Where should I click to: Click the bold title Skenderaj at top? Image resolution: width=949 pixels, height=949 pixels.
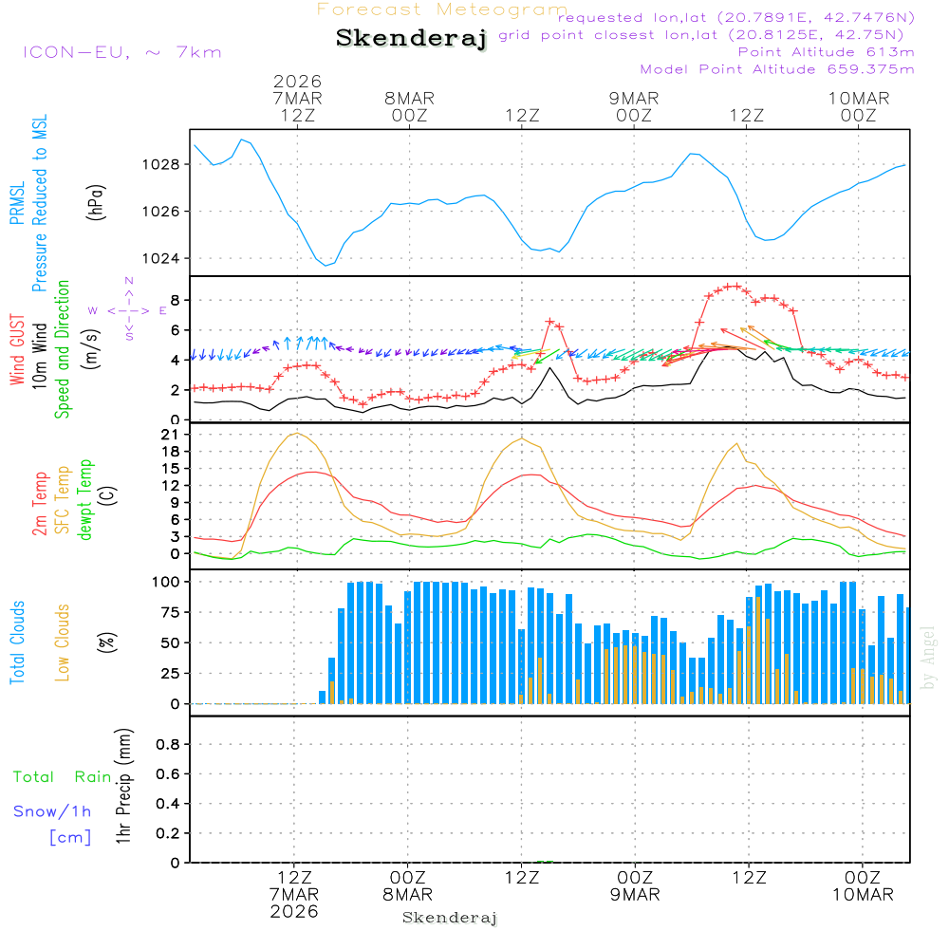tap(411, 39)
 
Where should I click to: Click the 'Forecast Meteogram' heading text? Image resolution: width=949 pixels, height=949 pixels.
tap(442, 9)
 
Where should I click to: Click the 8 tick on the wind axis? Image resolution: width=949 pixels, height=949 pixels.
tap(175, 300)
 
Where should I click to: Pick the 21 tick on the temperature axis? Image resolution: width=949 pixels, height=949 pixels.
tap(170, 435)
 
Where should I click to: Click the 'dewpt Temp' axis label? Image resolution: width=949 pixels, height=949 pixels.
tap(85, 500)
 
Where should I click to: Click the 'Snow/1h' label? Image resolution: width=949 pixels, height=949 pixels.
tap(53, 812)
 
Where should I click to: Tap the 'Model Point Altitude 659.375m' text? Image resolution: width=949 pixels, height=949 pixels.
tap(777, 69)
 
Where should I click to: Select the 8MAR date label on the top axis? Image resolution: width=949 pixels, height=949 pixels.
tap(409, 99)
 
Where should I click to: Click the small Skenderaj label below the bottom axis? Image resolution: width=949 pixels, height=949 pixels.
tap(450, 918)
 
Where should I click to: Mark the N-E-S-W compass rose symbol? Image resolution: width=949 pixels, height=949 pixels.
tap(128, 309)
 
